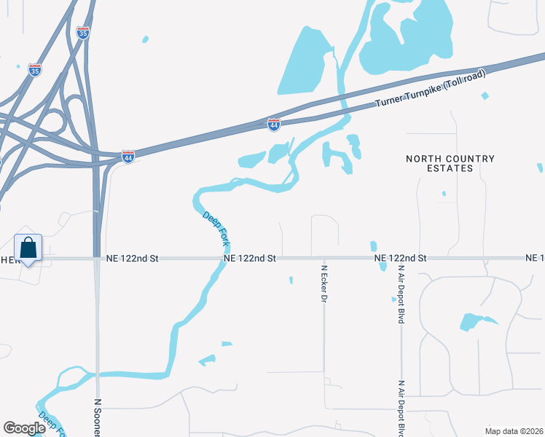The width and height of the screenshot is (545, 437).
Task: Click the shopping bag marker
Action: click(x=28, y=248)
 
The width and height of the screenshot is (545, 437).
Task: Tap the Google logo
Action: click(x=25, y=428)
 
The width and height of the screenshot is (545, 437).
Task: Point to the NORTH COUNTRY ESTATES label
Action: click(x=450, y=163)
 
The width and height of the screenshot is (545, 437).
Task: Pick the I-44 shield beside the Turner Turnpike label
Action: click(x=274, y=125)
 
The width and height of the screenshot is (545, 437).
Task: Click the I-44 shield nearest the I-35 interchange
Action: click(x=128, y=157)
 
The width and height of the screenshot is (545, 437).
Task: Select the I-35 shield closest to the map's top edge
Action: click(x=84, y=33)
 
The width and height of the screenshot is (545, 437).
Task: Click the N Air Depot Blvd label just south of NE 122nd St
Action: click(x=401, y=295)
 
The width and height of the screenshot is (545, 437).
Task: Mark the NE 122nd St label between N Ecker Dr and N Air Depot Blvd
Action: click(x=400, y=259)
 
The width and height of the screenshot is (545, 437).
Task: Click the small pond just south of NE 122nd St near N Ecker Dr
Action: click(x=291, y=280)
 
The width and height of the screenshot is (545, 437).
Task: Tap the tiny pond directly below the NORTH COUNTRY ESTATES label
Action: click(x=444, y=193)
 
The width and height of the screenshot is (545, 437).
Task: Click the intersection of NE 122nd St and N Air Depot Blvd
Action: click(x=401, y=259)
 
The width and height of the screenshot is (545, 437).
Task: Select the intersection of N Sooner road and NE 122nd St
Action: click(x=97, y=259)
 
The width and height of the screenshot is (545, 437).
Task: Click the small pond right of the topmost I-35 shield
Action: click(x=145, y=39)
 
